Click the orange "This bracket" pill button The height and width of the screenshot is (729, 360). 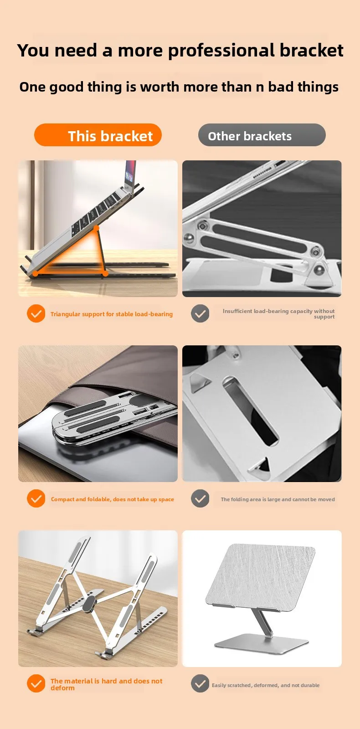pos(98,135)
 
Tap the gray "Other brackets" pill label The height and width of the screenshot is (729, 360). pos(262,135)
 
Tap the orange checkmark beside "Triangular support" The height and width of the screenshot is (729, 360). pos(36,313)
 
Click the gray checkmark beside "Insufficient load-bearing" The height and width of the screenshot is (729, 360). pos(200,313)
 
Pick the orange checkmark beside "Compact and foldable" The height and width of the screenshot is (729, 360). pos(36,498)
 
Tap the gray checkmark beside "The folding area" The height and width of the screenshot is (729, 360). pos(200,498)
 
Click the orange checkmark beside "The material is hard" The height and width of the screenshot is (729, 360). pos(36,683)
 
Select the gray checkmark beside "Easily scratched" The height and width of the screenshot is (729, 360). pos(200,683)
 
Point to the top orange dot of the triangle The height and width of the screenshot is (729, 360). pos(96,228)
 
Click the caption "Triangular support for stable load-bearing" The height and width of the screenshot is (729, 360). pos(112,314)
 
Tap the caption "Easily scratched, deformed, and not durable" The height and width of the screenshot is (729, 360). pos(266,685)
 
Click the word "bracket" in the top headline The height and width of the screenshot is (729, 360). pos(312,51)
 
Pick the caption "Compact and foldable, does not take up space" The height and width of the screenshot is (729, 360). pos(112,499)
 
